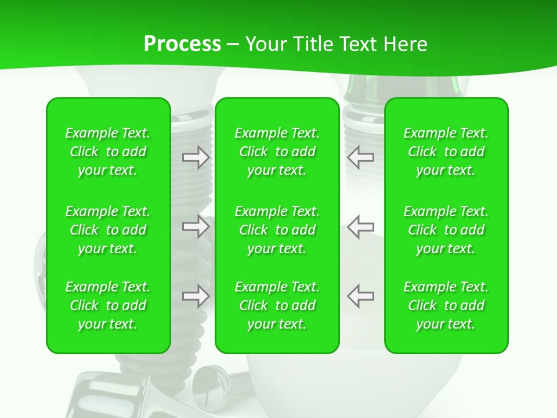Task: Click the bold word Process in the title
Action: tap(182, 44)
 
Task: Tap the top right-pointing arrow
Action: tap(196, 157)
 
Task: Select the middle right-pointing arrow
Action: tap(196, 226)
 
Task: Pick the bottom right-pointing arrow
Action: tap(196, 296)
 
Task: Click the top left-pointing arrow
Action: tap(360, 157)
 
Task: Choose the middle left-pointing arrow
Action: tap(360, 226)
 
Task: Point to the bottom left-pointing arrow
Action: tap(360, 296)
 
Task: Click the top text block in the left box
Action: tap(108, 152)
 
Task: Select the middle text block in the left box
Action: tap(108, 230)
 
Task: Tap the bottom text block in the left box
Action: tap(108, 305)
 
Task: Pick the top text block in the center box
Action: tap(277, 152)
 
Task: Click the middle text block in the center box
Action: tap(277, 230)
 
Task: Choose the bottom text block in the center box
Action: tap(277, 305)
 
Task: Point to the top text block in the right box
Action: tap(446, 152)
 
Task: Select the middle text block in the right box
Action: tap(446, 230)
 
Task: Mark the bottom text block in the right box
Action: tap(446, 305)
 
